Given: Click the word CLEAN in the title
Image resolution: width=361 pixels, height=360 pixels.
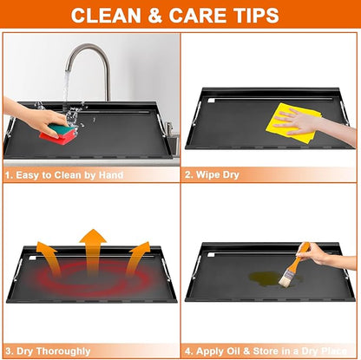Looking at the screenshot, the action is (x=106, y=16).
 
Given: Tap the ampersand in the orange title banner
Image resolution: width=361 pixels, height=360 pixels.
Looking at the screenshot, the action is (x=155, y=16).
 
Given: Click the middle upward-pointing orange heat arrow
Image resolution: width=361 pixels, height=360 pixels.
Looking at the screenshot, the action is (x=93, y=251).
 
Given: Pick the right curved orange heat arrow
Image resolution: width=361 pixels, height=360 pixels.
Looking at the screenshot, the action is (x=138, y=257).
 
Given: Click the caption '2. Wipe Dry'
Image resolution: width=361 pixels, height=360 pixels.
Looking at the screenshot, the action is (x=212, y=175).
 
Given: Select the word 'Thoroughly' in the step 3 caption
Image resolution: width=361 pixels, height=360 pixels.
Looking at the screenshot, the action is (x=63, y=351).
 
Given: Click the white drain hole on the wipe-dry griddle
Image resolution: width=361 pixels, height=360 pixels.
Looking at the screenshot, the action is (x=211, y=101).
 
